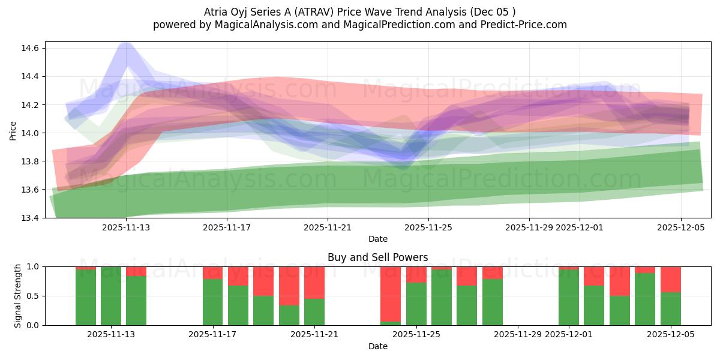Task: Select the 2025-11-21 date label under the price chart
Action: tap(328, 227)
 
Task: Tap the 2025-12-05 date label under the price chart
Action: tap(680, 227)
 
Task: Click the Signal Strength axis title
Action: tap(18, 296)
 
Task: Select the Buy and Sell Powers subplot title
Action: tap(378, 257)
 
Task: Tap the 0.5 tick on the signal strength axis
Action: tap(31, 296)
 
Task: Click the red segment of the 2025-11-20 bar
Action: tap(289, 286)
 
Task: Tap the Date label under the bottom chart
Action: tap(378, 346)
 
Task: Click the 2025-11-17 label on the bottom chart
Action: tap(213, 335)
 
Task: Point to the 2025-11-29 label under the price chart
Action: tap(529, 227)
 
